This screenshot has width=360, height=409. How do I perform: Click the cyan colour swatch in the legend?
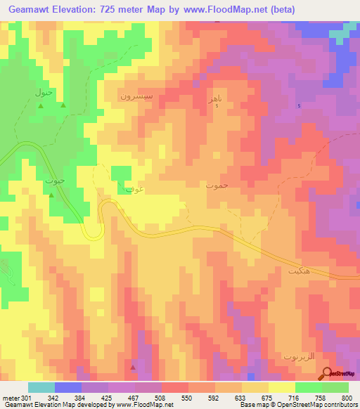pyautogui.click(x=41, y=387)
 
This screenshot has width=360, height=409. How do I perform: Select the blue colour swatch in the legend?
pyautogui.click(x=68, y=387)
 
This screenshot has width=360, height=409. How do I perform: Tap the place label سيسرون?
pyautogui.click(x=134, y=96)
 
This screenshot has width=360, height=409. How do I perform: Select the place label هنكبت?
pyautogui.click(x=299, y=270)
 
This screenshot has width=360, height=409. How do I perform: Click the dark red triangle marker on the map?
pyautogui.click(x=134, y=367)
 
